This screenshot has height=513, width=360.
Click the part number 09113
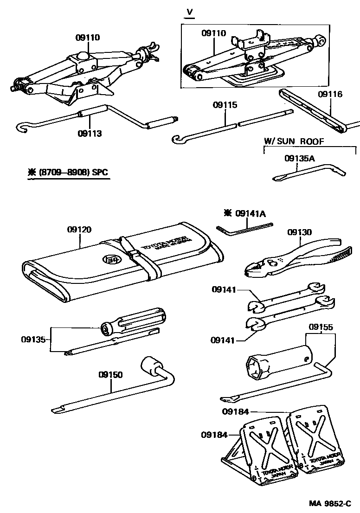(90, 134)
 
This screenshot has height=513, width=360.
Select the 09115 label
(225, 105)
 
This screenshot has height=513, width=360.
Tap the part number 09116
(330, 94)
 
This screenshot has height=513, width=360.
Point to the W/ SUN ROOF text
(294, 141)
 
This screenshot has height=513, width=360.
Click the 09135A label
(300, 158)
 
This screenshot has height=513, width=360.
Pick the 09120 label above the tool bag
(79, 229)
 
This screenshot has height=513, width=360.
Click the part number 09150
(110, 374)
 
